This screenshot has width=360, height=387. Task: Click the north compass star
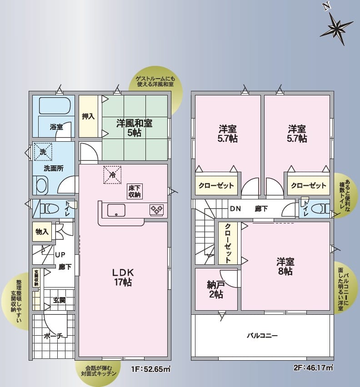[x=337, y=28]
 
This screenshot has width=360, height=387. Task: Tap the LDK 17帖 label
[x=123, y=277]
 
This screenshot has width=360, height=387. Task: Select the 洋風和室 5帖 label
[x=135, y=128]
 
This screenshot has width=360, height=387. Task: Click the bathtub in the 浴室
[x=55, y=106]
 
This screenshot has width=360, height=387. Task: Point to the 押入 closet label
[x=88, y=116]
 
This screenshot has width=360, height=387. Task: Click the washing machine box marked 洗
[x=43, y=152]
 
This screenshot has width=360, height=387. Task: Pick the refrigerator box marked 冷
[x=112, y=175]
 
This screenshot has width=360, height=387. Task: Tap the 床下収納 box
[x=135, y=191]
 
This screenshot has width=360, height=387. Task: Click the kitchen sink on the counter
[x=116, y=211]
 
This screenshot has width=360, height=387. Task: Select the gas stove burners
[x=156, y=209]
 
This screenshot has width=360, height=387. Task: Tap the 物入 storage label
[x=42, y=232]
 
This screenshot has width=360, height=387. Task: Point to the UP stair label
[x=60, y=255]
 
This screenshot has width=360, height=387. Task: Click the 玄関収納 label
[x=36, y=278]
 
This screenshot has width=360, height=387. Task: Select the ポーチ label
[x=53, y=336]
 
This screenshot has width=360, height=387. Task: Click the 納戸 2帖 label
[x=216, y=289]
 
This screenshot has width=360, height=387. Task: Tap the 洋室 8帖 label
[x=285, y=267]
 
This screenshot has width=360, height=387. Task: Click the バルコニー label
[x=262, y=336]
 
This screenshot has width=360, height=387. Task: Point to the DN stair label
[x=235, y=209]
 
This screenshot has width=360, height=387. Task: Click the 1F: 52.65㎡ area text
[x=150, y=369]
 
